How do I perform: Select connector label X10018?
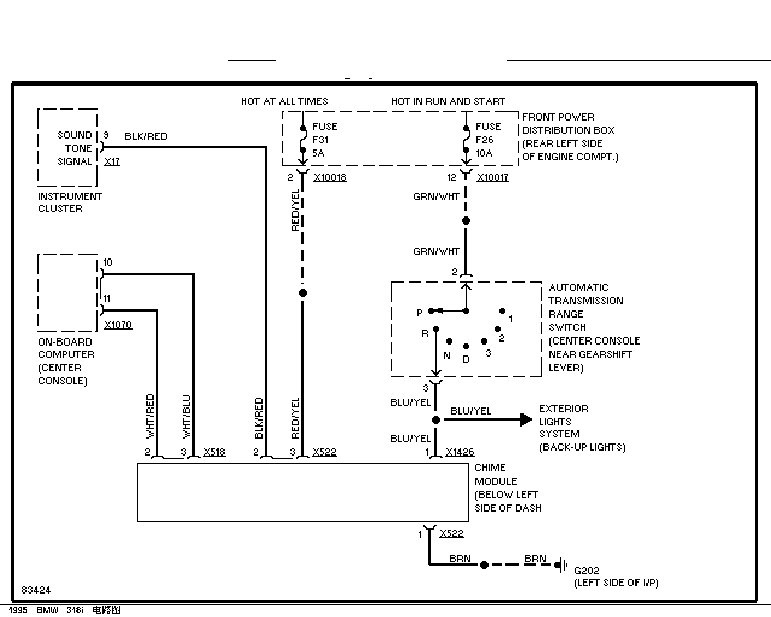330,177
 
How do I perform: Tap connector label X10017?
493,177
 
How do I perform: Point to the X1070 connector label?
118,325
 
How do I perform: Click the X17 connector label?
112,161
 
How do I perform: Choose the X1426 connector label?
460,452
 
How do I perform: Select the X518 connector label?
214,452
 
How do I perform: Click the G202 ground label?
587,571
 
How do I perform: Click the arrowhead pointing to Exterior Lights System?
526,419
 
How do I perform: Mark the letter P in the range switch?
420,313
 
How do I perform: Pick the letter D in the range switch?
466,359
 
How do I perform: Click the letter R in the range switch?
425,334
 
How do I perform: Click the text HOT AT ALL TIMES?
284,101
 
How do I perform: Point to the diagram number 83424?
36,590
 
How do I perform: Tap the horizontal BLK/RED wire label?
146,136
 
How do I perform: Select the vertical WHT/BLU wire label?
186,416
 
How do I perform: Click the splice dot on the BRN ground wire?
484,565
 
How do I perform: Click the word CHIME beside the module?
490,468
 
